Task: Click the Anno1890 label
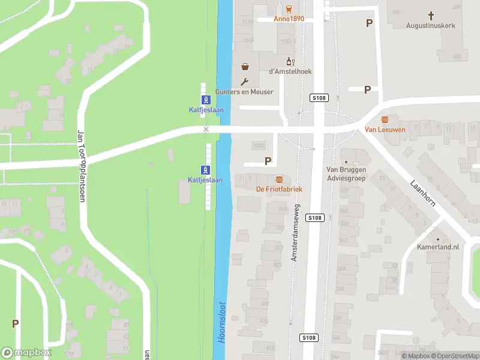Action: (289, 19)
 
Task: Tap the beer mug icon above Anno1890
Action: (289, 8)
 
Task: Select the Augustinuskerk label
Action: (430, 26)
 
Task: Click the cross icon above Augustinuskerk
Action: (430, 15)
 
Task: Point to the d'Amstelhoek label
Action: (290, 71)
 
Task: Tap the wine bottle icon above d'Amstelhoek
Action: (290, 61)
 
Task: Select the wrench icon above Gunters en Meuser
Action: (245, 82)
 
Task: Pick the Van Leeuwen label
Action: (385, 129)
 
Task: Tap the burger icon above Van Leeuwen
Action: (385, 119)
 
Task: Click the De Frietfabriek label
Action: (279, 189)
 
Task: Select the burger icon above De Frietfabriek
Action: (279, 179)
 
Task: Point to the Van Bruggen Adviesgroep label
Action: (346, 173)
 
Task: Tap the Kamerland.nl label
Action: (438, 247)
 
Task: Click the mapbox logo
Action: (26, 353)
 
